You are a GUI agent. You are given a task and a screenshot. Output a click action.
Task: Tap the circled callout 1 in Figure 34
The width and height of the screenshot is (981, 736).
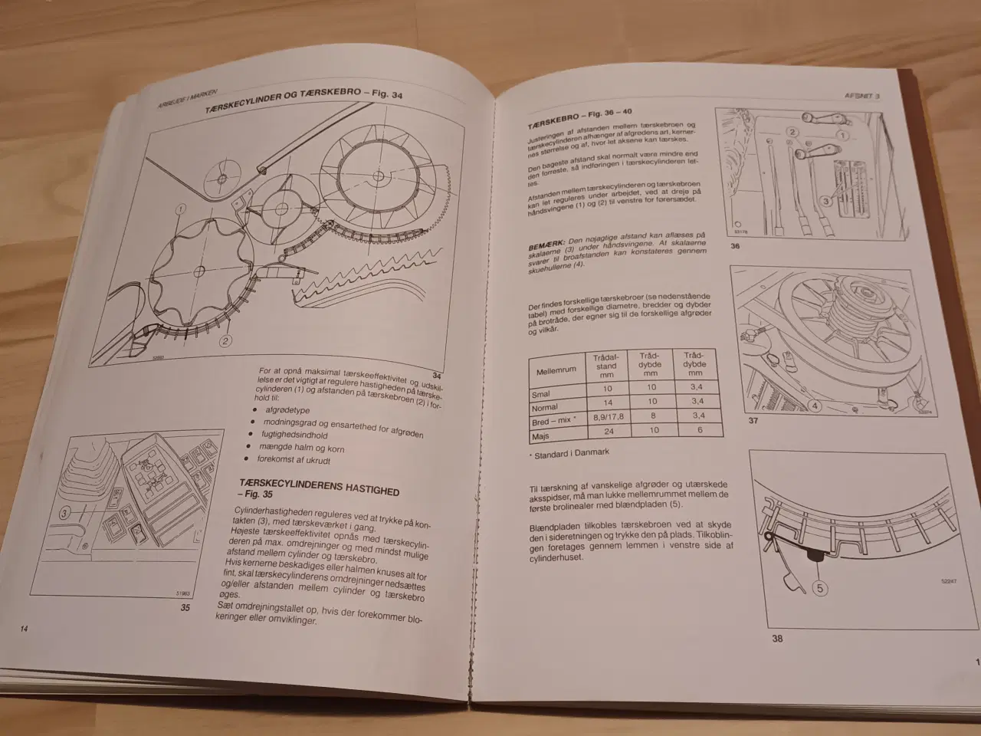click(180, 209)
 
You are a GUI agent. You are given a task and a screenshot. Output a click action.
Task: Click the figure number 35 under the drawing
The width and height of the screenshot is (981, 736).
click(184, 607)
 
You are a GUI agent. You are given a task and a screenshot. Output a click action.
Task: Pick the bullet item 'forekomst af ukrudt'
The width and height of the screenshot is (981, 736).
click(294, 460)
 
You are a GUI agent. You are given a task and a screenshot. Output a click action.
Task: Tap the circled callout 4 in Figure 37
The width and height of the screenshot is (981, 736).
click(815, 406)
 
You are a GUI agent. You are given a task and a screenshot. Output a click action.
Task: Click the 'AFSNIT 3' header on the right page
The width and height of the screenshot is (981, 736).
click(861, 97)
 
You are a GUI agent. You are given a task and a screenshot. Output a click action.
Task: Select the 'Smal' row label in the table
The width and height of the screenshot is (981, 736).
click(541, 395)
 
